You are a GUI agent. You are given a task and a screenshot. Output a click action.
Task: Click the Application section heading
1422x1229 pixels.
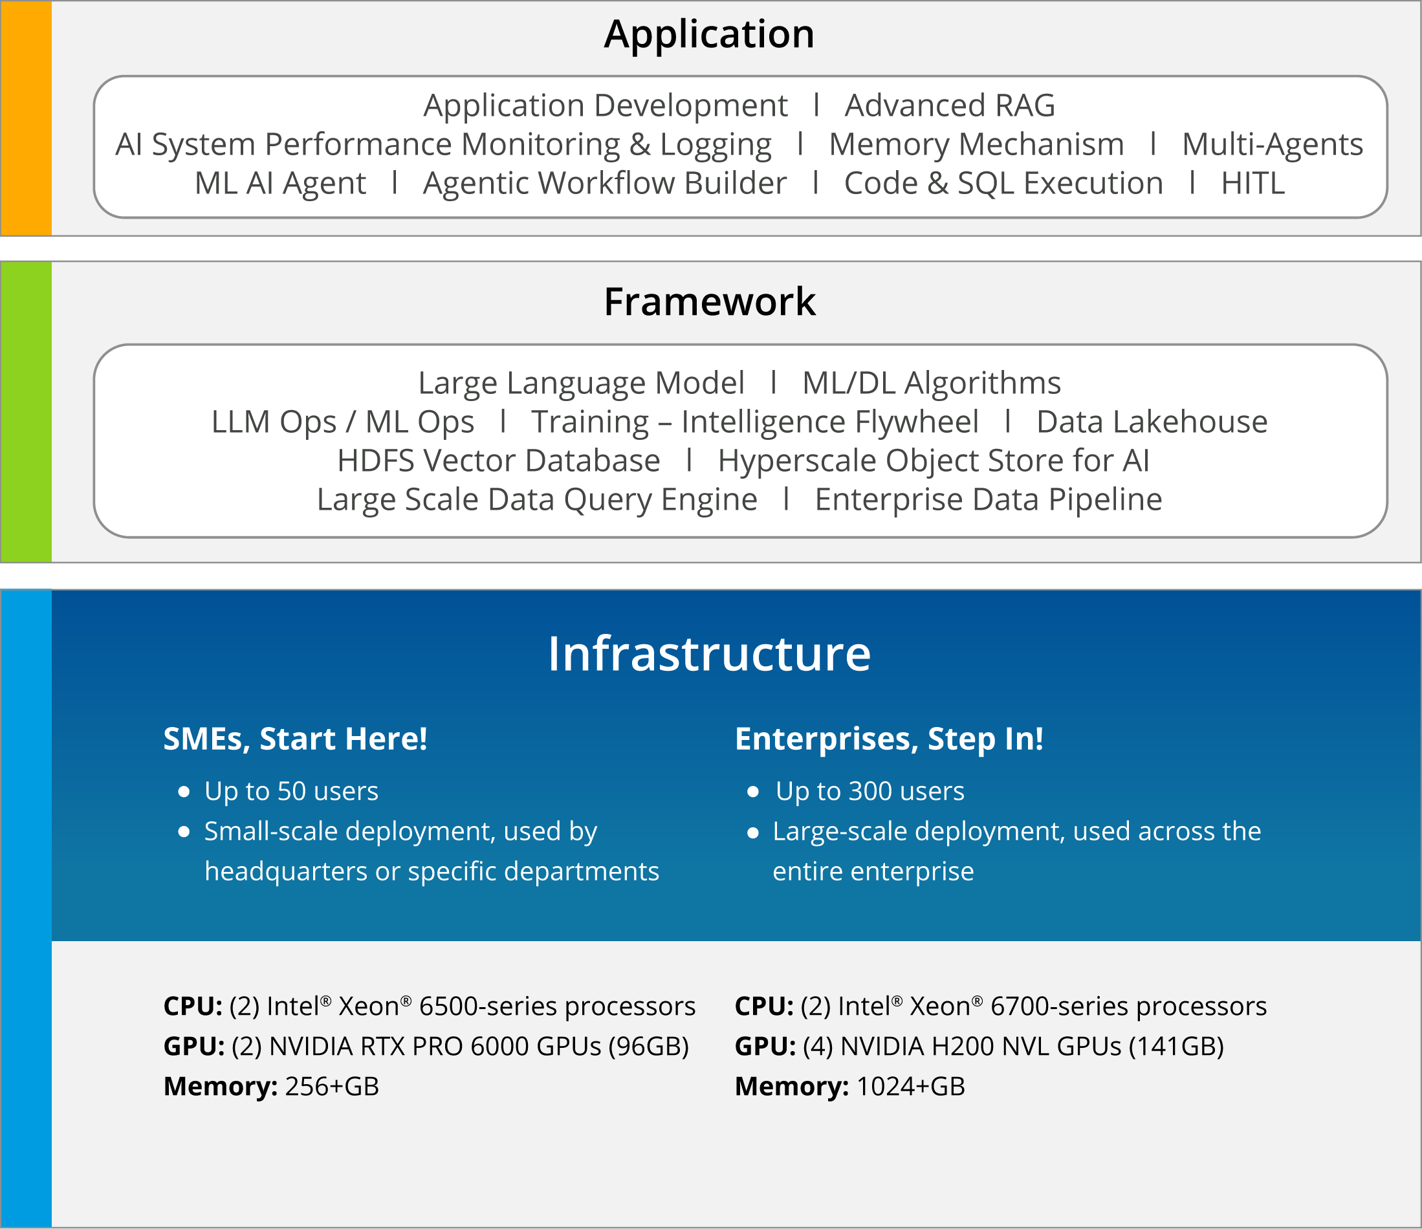[710, 34]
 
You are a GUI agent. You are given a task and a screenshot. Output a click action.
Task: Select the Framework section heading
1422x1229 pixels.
[710, 301]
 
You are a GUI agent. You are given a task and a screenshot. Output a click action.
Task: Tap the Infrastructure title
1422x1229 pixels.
[709, 653]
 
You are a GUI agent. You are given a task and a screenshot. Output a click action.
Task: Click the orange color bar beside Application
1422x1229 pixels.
[26, 118]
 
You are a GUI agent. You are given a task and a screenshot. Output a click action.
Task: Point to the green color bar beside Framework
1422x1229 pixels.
[26, 412]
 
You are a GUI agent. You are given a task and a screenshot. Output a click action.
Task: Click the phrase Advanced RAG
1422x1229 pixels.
[950, 105]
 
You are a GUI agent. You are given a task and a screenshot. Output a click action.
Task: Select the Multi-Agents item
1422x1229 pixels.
[1273, 145]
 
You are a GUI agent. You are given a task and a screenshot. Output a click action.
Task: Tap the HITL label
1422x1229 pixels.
[1253, 183]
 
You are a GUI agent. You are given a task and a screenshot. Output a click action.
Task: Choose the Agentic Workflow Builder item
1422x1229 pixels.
[605, 184]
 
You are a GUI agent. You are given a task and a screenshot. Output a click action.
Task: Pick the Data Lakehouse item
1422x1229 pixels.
[1152, 422]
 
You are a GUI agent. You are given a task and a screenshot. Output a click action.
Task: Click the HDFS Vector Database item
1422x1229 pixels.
[499, 461]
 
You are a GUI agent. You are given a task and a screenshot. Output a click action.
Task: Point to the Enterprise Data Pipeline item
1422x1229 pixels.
[989, 499]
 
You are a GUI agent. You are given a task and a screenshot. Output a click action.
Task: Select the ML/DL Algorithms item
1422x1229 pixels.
[932, 383]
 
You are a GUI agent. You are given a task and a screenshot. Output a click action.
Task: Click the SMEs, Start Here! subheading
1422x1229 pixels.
[295, 739]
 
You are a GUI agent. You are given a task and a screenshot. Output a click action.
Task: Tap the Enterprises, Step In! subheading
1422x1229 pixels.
[890, 739]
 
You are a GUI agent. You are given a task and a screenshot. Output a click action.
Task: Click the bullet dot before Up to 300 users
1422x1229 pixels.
[753, 792]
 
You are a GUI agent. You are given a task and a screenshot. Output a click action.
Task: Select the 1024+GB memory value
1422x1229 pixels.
[911, 1086]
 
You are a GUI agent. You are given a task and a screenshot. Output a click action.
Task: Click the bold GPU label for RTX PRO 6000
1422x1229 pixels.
[194, 1047]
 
